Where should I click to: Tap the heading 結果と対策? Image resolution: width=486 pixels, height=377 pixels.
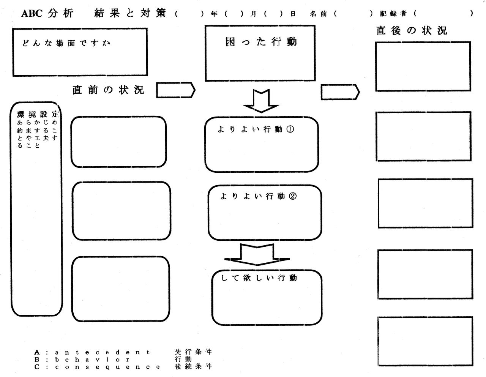pos(130,13)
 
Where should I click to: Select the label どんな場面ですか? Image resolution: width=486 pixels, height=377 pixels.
pos(66,43)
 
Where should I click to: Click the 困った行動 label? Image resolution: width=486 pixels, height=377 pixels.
pos(261,42)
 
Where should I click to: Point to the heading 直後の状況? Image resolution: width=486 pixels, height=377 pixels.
pos(412,30)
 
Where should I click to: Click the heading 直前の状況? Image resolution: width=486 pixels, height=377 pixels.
pos(108,90)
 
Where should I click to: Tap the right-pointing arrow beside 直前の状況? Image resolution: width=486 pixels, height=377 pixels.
pos(176,90)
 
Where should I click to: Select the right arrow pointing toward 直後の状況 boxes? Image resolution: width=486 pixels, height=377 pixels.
pos(340,92)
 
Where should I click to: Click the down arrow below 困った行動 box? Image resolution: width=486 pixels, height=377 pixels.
pos(261,101)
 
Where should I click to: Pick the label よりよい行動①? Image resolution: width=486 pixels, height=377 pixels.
pos(256,129)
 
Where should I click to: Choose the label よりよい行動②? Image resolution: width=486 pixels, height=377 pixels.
pos(258,196)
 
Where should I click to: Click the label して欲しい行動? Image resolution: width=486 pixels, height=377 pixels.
pos(259,278)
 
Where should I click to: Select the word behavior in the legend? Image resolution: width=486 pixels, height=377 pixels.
pos(92,359)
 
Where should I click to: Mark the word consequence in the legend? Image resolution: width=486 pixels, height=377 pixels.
pos(107,367)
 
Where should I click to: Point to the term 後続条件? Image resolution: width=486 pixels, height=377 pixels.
pos(193,366)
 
